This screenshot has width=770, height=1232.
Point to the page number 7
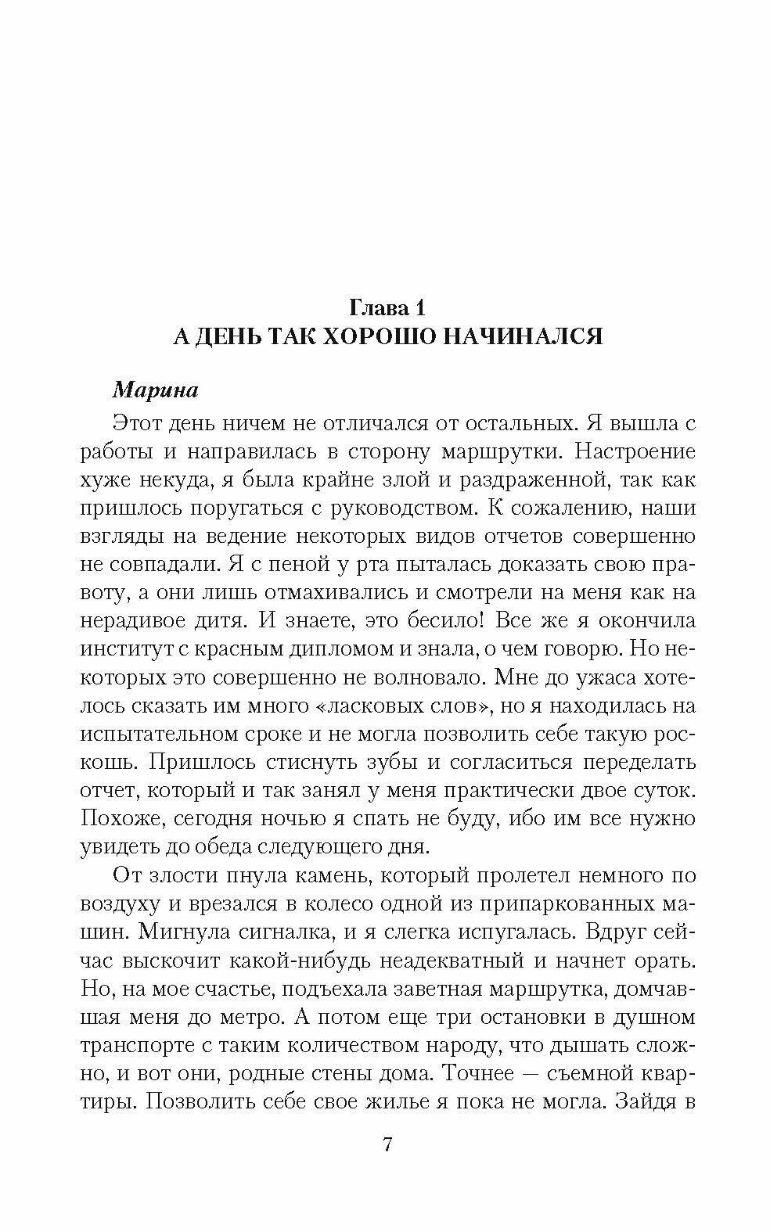pyautogui.click(x=387, y=1145)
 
